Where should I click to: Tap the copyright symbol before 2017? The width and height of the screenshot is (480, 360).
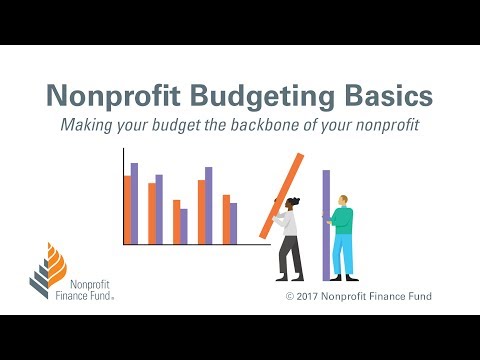click(290, 297)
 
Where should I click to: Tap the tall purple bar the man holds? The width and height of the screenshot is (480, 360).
click(326, 225)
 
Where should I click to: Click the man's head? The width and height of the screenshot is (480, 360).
click(343, 201)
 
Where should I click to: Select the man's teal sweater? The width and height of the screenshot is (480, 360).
click(342, 220)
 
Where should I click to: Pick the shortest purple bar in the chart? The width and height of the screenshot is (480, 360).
click(183, 226)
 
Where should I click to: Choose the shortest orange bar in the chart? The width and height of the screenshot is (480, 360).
click(176, 222)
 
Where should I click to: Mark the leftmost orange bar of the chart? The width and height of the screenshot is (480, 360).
click(127, 210)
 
